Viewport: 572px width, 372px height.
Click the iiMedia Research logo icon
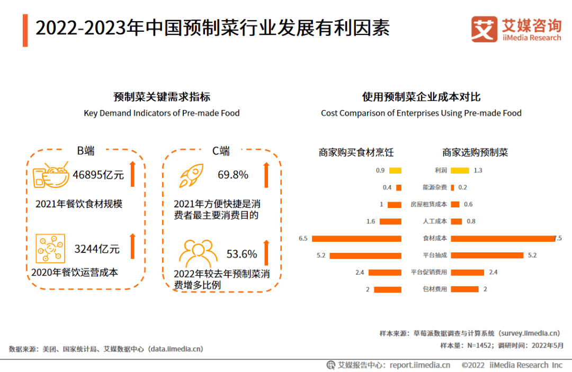click(x=484, y=30)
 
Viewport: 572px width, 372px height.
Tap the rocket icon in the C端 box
click(x=191, y=175)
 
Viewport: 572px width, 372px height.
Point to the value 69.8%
click(x=233, y=175)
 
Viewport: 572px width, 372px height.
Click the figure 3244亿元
click(x=97, y=249)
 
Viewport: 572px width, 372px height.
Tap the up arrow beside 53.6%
click(x=266, y=253)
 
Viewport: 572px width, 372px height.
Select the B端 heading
click(x=86, y=151)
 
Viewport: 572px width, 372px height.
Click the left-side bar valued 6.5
click(x=357, y=239)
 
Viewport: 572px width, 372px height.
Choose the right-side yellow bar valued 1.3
click(x=460, y=170)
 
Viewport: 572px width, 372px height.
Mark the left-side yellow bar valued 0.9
click(x=395, y=170)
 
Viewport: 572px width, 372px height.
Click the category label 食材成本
click(x=435, y=239)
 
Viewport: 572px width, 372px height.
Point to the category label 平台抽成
click(x=435, y=256)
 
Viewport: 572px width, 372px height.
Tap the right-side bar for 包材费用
click(x=465, y=289)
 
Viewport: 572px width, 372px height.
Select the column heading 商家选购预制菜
click(x=475, y=152)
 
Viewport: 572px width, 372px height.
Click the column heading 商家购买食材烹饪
click(x=356, y=152)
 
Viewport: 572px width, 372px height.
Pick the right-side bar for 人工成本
click(x=457, y=221)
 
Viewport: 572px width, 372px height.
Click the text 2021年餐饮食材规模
click(x=79, y=204)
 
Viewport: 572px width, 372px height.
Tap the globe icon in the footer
click(x=331, y=365)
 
